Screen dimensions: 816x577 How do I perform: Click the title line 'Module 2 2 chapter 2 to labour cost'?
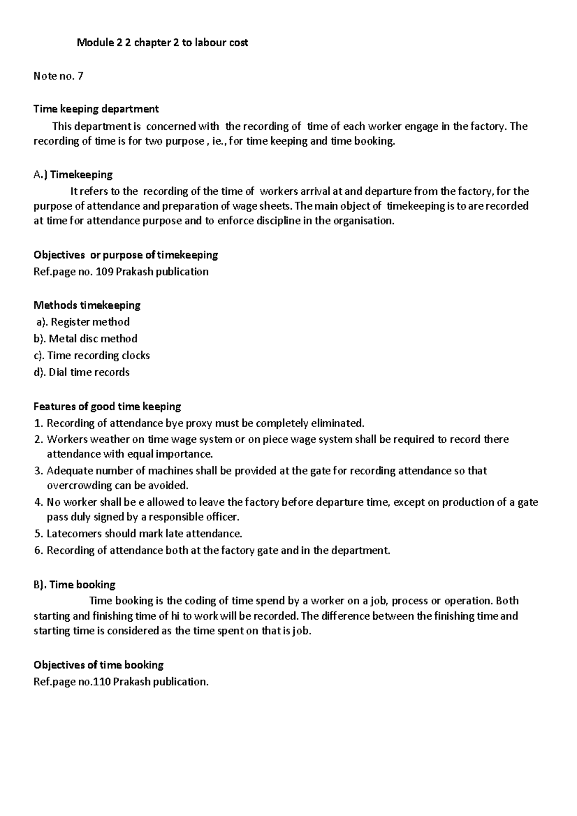tap(163, 43)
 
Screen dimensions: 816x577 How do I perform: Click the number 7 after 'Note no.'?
tap(80, 76)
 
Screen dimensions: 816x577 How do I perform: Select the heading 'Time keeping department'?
tap(96, 109)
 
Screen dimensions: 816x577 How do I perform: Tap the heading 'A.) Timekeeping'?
tap(73, 175)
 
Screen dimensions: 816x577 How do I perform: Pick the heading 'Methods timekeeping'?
tap(87, 305)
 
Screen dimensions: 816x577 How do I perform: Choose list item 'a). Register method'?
tap(83, 322)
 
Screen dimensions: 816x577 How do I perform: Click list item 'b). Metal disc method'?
tap(86, 339)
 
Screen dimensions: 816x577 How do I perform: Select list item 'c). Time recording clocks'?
tap(92, 355)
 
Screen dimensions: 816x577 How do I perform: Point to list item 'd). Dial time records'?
tap(82, 372)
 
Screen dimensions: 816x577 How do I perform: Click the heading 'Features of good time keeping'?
tap(107, 406)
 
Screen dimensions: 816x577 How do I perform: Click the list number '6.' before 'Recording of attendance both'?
tap(38, 551)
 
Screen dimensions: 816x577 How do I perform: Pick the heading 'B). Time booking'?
tap(75, 585)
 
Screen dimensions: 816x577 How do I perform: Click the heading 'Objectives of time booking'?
tap(99, 665)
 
